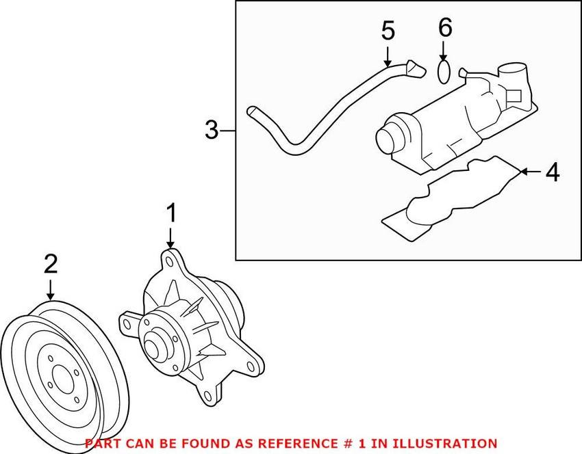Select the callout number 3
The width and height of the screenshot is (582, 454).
212,129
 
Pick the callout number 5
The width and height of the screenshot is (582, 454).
388,31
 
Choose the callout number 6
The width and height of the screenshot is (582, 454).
445,28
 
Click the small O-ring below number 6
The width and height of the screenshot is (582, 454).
444,72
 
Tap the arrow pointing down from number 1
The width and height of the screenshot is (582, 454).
170,239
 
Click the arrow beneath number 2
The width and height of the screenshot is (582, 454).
50,289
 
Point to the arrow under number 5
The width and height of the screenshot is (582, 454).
388,54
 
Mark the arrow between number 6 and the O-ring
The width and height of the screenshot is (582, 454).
444,51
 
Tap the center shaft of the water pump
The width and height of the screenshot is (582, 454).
157,340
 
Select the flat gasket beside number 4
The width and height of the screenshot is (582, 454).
445,198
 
